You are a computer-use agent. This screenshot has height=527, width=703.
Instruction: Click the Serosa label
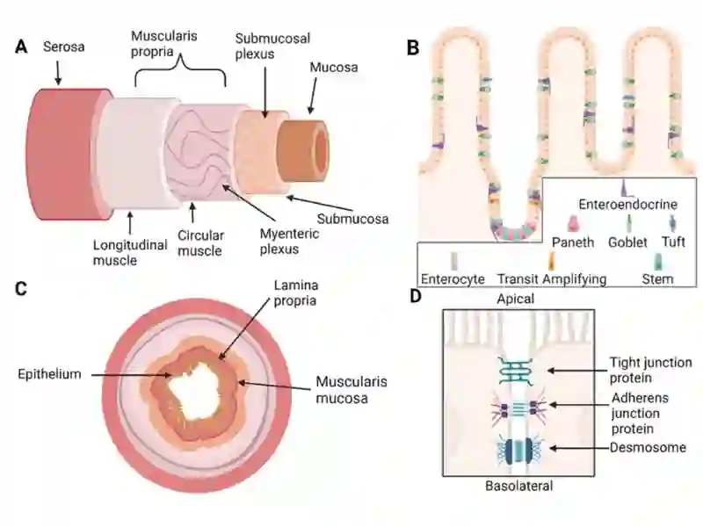(63, 47)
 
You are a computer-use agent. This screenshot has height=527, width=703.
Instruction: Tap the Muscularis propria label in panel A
(164, 43)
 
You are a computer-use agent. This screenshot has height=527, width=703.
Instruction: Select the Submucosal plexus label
(272, 47)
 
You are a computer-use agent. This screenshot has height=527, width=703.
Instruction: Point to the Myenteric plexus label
(289, 241)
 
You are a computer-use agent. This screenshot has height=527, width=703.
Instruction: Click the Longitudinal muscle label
(130, 252)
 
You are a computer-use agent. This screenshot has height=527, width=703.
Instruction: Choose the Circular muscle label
(200, 243)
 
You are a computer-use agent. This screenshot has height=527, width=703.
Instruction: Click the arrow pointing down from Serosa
(58, 73)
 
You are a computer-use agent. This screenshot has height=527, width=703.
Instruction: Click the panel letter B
(413, 47)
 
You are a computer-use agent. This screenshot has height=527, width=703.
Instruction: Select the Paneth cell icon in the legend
(573, 224)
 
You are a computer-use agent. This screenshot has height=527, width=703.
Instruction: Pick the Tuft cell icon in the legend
(672, 223)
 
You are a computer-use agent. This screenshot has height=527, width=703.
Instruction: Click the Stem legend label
(657, 279)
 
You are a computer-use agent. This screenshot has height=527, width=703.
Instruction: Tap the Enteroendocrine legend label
(627, 205)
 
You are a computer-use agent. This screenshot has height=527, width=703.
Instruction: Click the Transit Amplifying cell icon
(552, 261)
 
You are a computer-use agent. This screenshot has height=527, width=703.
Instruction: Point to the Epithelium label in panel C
(50, 374)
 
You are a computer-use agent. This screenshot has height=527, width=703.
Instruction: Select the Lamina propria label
(296, 292)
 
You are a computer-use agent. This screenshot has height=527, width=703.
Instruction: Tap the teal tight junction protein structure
(516, 372)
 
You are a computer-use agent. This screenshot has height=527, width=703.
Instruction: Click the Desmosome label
(648, 447)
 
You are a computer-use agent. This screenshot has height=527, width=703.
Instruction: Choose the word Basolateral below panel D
(519, 486)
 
